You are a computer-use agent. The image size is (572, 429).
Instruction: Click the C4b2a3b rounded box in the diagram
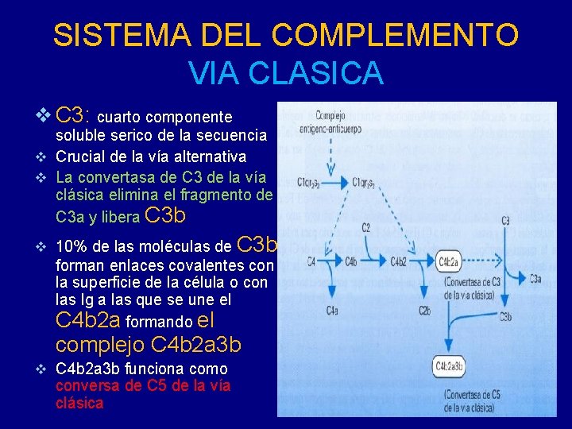coord(450,366)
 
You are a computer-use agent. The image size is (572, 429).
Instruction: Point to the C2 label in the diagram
coord(366,228)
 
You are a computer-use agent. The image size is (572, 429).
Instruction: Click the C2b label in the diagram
coord(425,311)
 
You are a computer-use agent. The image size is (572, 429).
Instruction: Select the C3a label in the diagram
coord(535,277)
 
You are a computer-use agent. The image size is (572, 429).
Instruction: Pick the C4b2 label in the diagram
coord(398,261)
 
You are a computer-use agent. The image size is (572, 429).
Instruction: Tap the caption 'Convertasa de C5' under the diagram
coord(472,400)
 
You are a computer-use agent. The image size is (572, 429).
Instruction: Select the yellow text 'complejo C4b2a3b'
coord(149,346)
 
